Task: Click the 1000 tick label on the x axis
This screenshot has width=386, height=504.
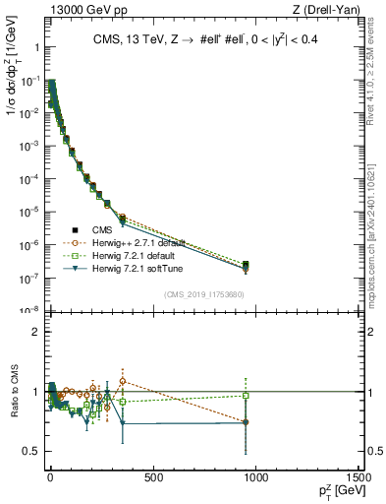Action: pyautogui.click(x=255, y=477)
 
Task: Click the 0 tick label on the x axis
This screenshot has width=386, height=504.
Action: pyautogui.click(x=50, y=477)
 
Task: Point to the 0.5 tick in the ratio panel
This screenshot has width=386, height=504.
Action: pyautogui.click(x=32, y=451)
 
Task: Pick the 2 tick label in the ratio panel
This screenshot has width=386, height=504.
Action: pyautogui.click(x=35, y=332)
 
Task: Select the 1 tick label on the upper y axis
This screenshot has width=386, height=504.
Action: pyautogui.click(x=34, y=47)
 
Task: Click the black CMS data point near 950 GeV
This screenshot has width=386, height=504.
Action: pyautogui.click(x=246, y=265)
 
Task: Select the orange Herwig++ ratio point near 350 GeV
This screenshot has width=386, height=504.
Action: pyautogui.click(x=122, y=381)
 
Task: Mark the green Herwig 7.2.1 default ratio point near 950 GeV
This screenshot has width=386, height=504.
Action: pyautogui.click(x=246, y=396)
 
